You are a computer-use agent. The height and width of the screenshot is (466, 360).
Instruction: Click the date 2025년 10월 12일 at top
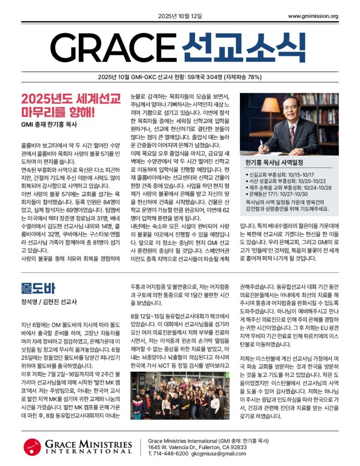180,16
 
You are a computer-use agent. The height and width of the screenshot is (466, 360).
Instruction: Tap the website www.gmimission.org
313,16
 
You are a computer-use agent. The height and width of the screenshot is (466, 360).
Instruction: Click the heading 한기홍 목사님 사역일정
274,162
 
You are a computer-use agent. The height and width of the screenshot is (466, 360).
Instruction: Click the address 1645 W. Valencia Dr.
177,447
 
